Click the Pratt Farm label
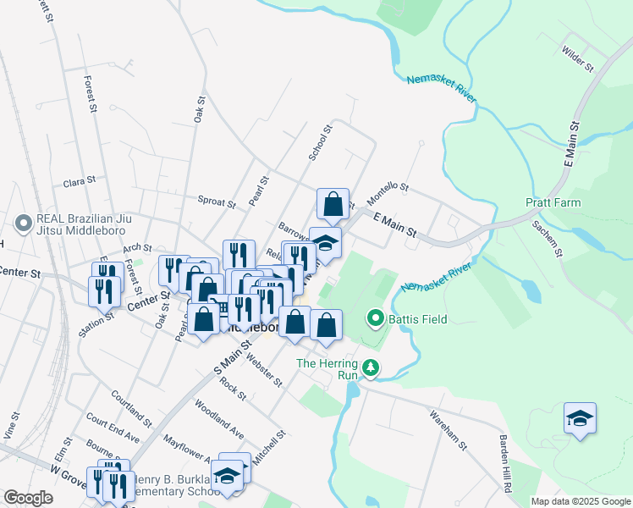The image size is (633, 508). tap(552, 203)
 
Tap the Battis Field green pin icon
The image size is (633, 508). tap(376, 319)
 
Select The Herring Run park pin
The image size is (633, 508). tap(371, 367)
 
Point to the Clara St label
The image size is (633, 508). tap(79, 182)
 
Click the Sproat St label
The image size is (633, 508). tap(217, 202)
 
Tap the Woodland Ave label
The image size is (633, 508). tap(219, 416)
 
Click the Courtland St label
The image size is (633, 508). tap(130, 409)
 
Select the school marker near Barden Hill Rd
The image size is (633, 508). tap(580, 418)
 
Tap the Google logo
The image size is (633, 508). tap(28, 498)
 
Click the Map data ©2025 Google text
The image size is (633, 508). tap(580, 501)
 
